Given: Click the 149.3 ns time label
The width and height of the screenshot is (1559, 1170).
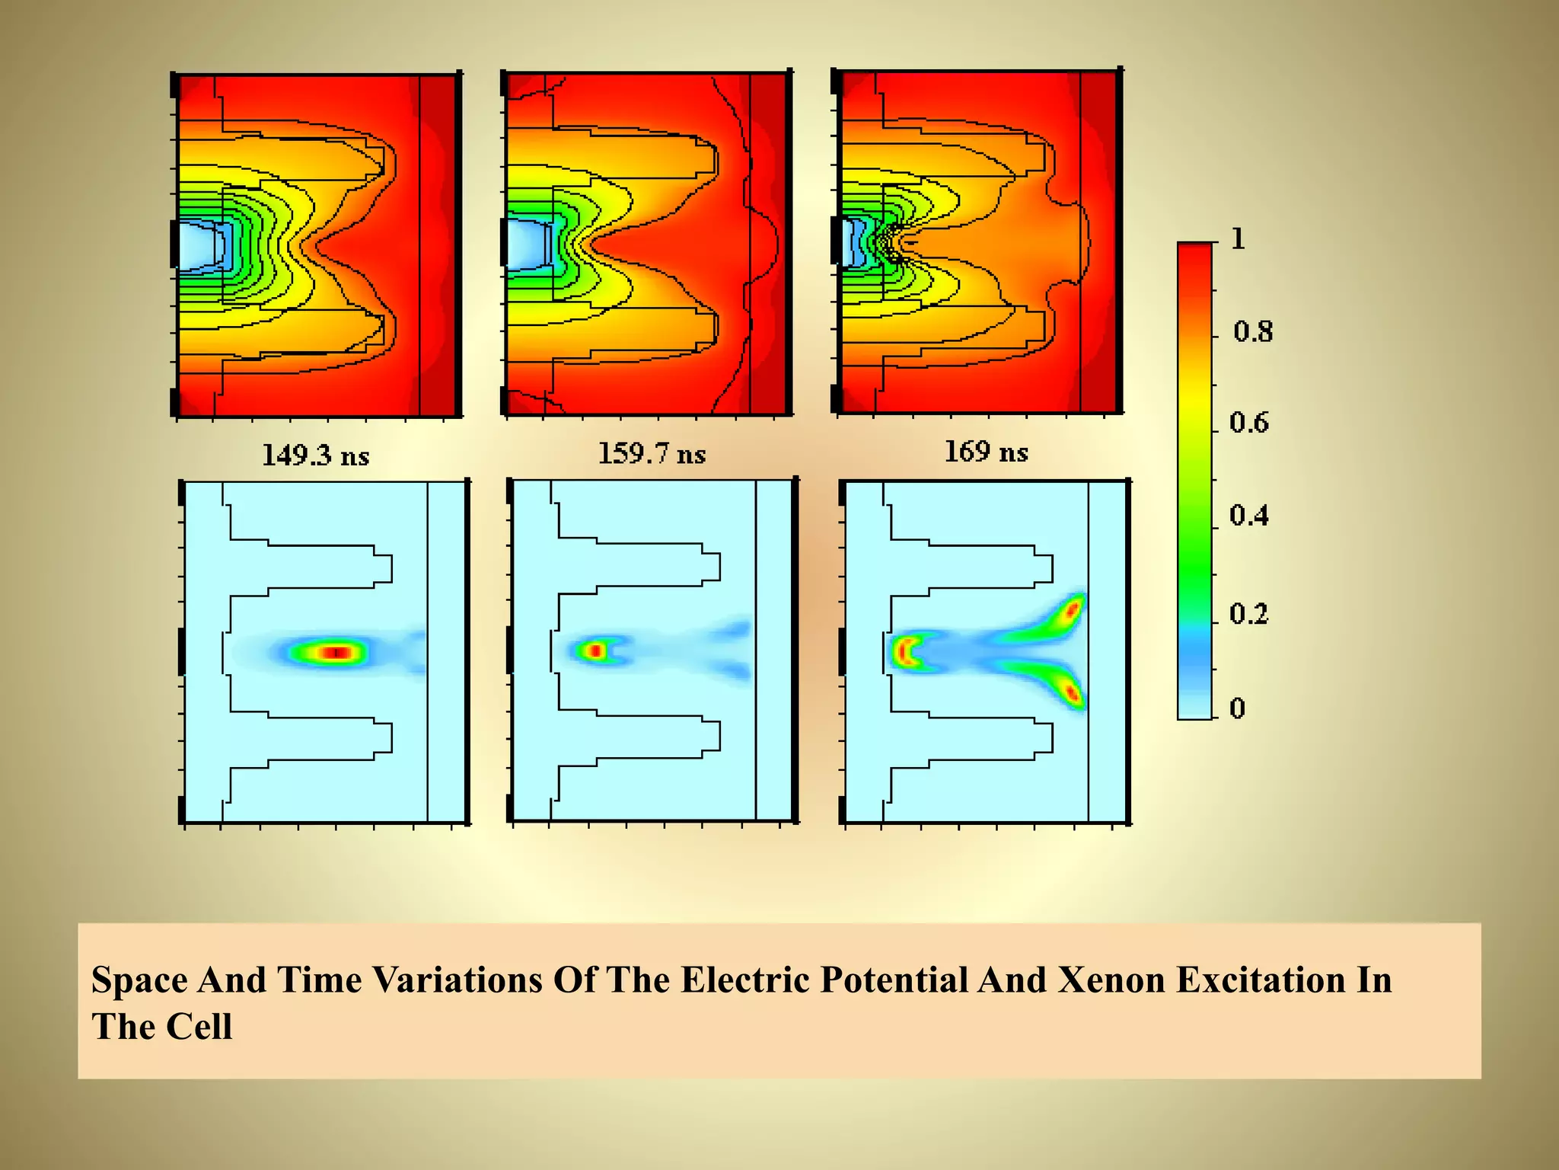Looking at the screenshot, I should (x=315, y=456).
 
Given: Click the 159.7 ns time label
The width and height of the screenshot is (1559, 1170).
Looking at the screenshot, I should (x=652, y=454).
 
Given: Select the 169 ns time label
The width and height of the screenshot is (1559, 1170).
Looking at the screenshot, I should (x=986, y=452).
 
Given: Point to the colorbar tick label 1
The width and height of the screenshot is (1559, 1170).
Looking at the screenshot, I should (x=1238, y=239).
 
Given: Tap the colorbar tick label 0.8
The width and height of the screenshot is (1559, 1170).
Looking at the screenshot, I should (x=1252, y=331).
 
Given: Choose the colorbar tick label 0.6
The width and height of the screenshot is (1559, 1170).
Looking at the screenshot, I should (x=1249, y=423).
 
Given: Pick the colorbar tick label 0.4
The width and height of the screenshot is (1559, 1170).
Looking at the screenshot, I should (x=1249, y=516).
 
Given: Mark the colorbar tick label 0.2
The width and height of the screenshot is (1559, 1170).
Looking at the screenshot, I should (x=1249, y=613).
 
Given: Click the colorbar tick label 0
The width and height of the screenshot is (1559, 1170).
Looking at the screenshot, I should (x=1237, y=708).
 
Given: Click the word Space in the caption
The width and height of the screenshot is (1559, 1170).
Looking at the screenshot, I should (x=139, y=980).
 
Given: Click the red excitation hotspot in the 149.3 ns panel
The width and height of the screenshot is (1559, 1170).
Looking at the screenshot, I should (x=335, y=652).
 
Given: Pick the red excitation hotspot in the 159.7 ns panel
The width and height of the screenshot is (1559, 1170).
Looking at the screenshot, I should (x=595, y=651).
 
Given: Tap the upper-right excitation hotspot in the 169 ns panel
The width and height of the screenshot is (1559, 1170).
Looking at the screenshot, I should (x=1072, y=609).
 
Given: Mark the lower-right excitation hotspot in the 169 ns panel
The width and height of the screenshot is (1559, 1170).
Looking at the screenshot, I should (x=1072, y=693).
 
